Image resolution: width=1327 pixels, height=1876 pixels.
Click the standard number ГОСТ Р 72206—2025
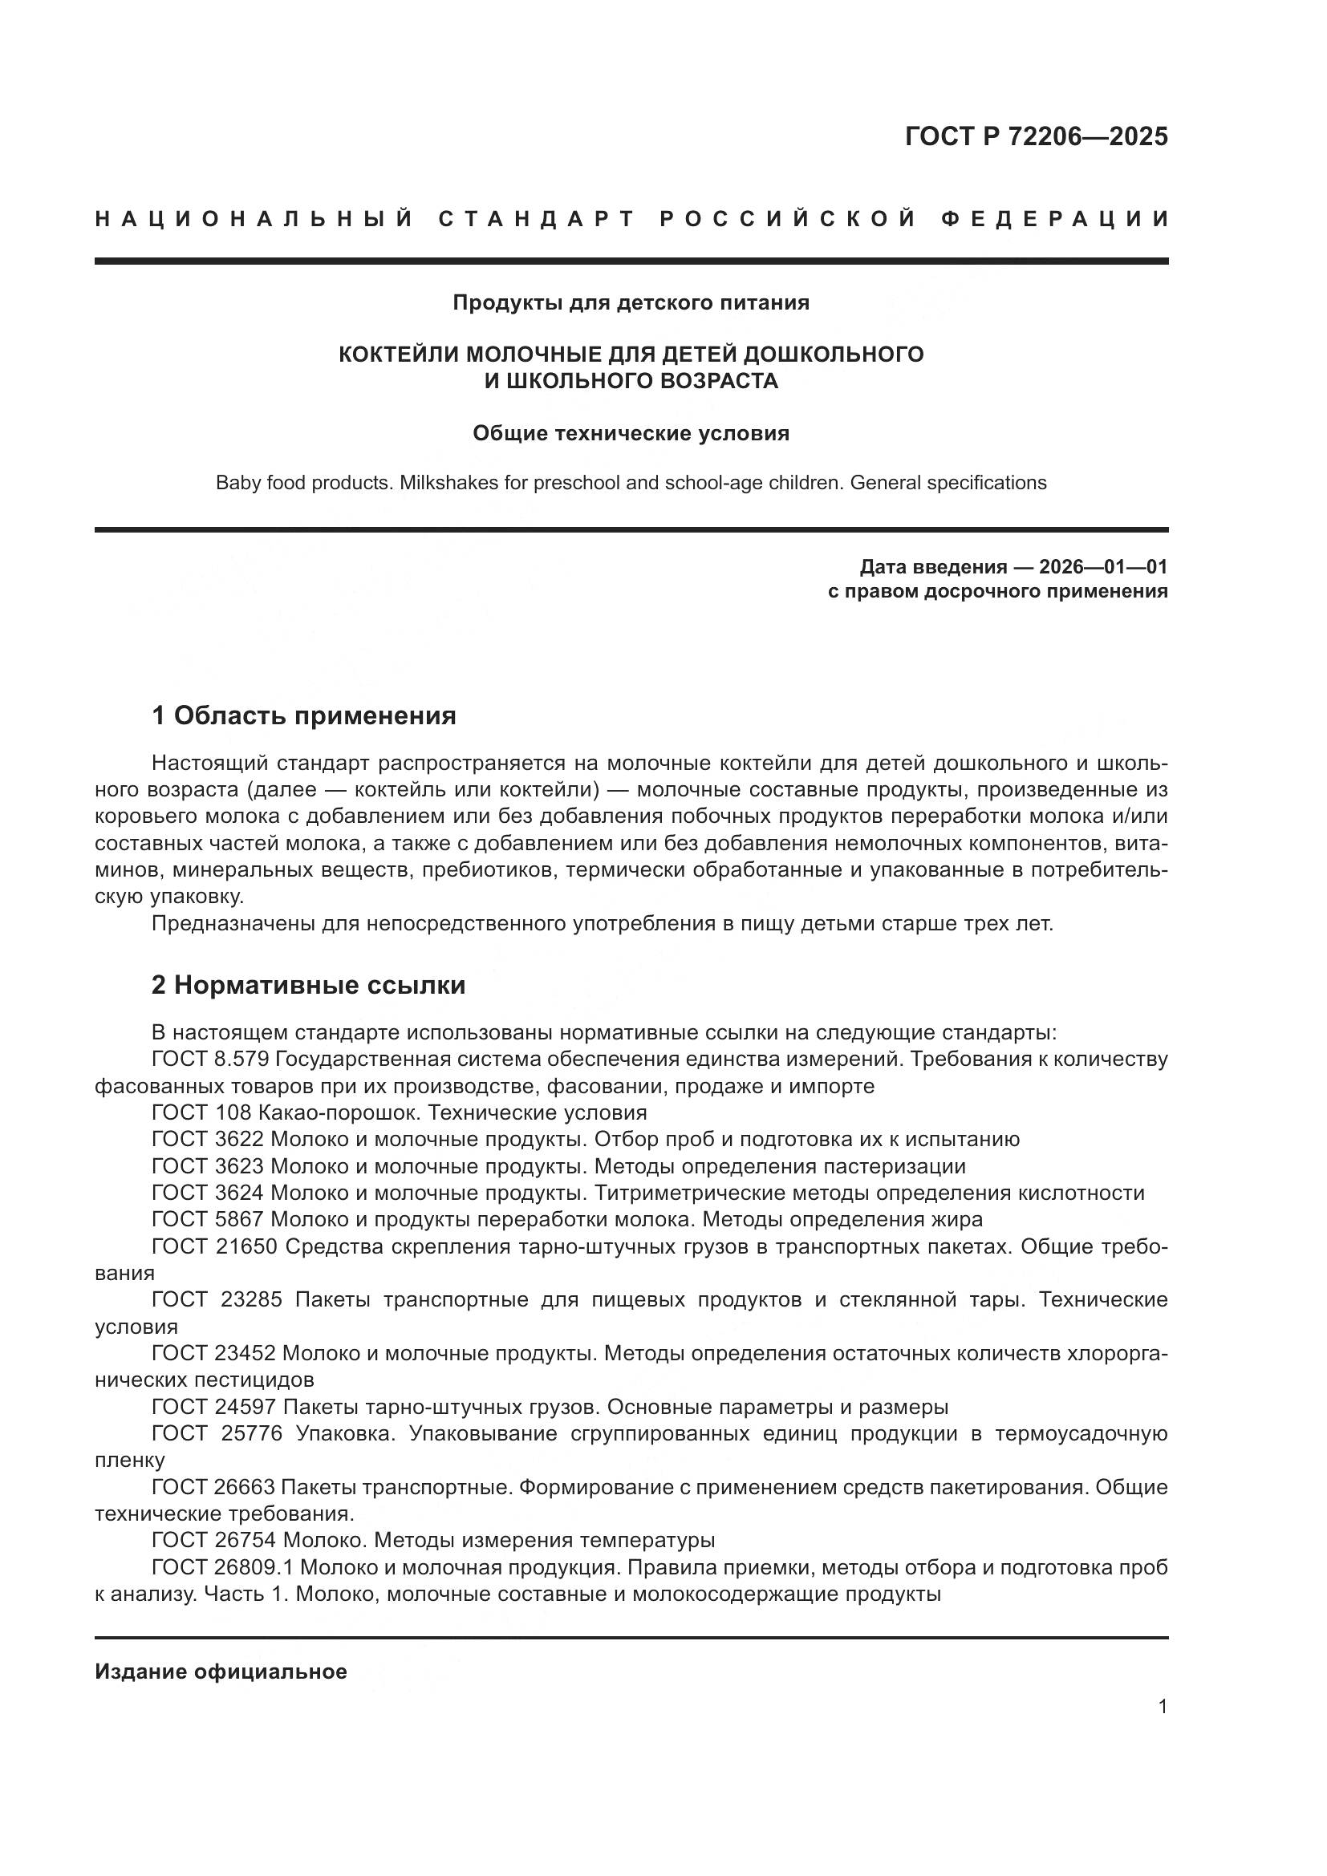point(1036,136)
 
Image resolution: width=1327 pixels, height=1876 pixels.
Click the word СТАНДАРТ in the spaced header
point(537,219)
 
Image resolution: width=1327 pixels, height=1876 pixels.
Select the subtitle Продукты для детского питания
point(631,303)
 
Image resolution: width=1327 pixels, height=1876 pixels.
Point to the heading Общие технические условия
point(631,433)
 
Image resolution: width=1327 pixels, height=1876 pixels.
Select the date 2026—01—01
point(1103,566)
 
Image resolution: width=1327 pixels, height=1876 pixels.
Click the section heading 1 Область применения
point(303,715)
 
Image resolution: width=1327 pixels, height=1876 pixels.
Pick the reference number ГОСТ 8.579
point(210,1060)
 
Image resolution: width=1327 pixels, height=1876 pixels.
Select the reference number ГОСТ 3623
point(208,1166)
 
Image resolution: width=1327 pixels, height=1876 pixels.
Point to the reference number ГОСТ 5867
point(208,1220)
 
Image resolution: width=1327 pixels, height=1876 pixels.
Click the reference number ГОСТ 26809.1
point(222,1567)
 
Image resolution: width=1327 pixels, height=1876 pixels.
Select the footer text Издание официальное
point(221,1671)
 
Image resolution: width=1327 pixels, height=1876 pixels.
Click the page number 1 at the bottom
point(1162,1722)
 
